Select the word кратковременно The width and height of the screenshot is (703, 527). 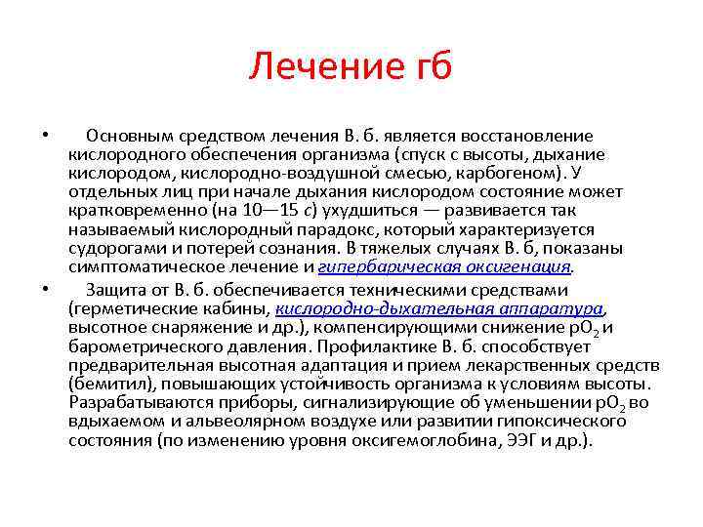click(136, 210)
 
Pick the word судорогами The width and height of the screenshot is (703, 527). click(115, 247)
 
